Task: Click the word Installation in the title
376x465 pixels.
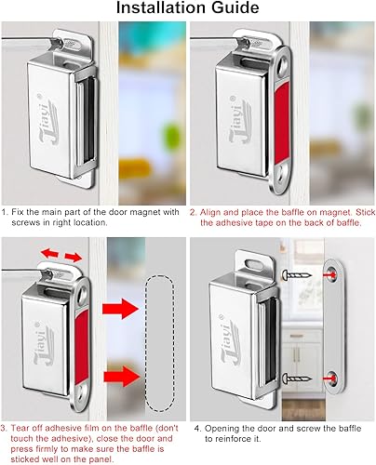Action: coord(154,10)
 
